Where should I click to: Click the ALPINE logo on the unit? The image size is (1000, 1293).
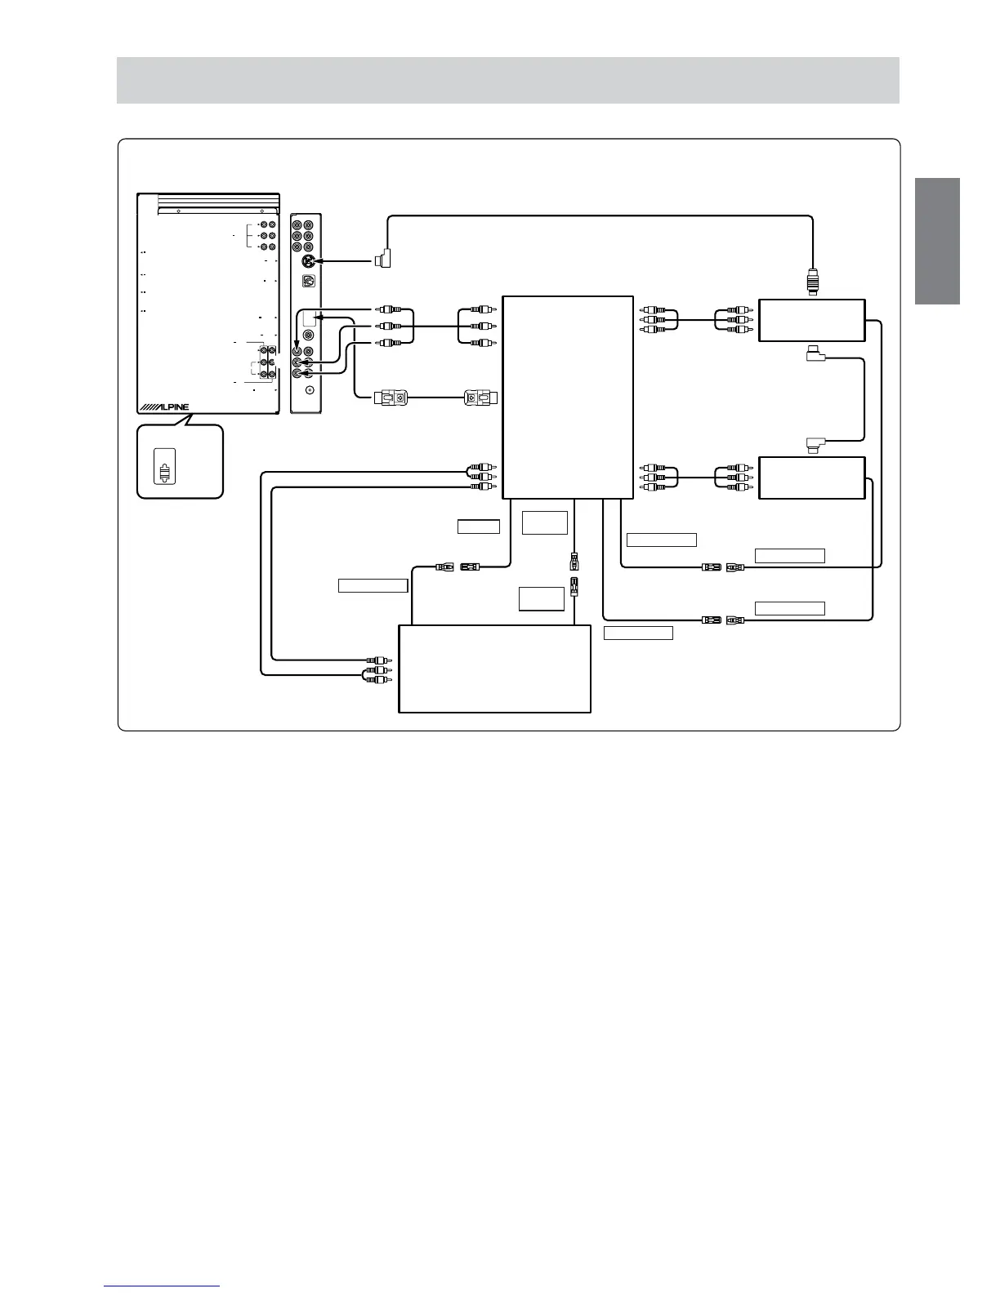pyautogui.click(x=163, y=407)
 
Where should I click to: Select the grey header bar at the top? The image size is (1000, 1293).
pyautogui.click(x=507, y=80)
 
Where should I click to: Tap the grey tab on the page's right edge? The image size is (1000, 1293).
pyautogui.click(x=937, y=241)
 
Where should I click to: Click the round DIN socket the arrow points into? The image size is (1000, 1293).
pyautogui.click(x=307, y=261)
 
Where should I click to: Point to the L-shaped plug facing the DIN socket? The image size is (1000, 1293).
pyautogui.click(x=383, y=260)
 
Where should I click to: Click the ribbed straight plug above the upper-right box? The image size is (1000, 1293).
pyautogui.click(x=812, y=282)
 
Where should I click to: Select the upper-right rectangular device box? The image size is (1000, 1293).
pyautogui.click(x=811, y=320)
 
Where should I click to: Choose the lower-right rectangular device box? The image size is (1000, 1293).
pyautogui.click(x=811, y=478)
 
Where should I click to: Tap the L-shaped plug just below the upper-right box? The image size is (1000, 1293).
pyautogui.click(x=815, y=354)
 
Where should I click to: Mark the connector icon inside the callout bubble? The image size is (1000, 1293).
pyautogui.click(x=165, y=473)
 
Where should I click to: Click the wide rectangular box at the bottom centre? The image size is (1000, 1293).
pyautogui.click(x=494, y=669)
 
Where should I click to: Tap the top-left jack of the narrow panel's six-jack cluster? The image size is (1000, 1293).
pyautogui.click(x=297, y=224)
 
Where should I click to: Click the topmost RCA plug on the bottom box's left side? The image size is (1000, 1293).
pyautogui.click(x=377, y=660)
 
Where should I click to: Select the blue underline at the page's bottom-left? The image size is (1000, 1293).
pyautogui.click(x=162, y=1286)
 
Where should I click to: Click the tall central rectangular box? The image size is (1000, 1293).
pyautogui.click(x=568, y=397)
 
